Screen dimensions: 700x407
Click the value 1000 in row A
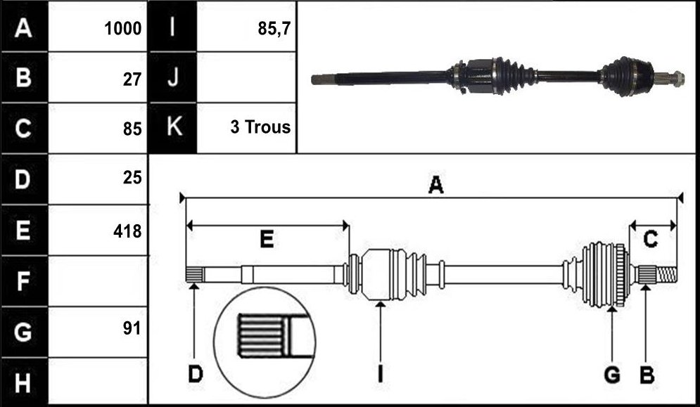[x=123, y=29]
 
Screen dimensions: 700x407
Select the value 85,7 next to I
[x=274, y=29]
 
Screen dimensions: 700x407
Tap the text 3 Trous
[x=260, y=127]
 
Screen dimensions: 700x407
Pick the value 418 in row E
[x=127, y=231]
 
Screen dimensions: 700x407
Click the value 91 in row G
[x=132, y=328]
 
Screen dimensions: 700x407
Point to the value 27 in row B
[x=132, y=79]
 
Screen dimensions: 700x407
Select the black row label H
[x=24, y=383]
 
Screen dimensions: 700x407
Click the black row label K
[x=172, y=128]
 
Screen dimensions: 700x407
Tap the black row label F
[x=24, y=280]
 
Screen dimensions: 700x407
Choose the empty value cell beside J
[x=246, y=77]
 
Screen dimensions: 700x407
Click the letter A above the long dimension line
[x=435, y=185]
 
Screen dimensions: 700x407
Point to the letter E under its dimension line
[x=267, y=240]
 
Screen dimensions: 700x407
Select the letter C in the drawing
[x=651, y=240]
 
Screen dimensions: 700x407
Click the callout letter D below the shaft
[x=195, y=375]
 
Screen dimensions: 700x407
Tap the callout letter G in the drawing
[x=612, y=375]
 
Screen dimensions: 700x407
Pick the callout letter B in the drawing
[x=647, y=375]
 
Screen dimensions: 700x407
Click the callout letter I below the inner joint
[x=380, y=375]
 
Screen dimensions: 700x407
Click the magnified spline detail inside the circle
[x=273, y=335]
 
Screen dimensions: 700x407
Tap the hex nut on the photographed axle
[x=677, y=79]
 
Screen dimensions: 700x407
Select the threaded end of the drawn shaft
[x=666, y=274]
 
